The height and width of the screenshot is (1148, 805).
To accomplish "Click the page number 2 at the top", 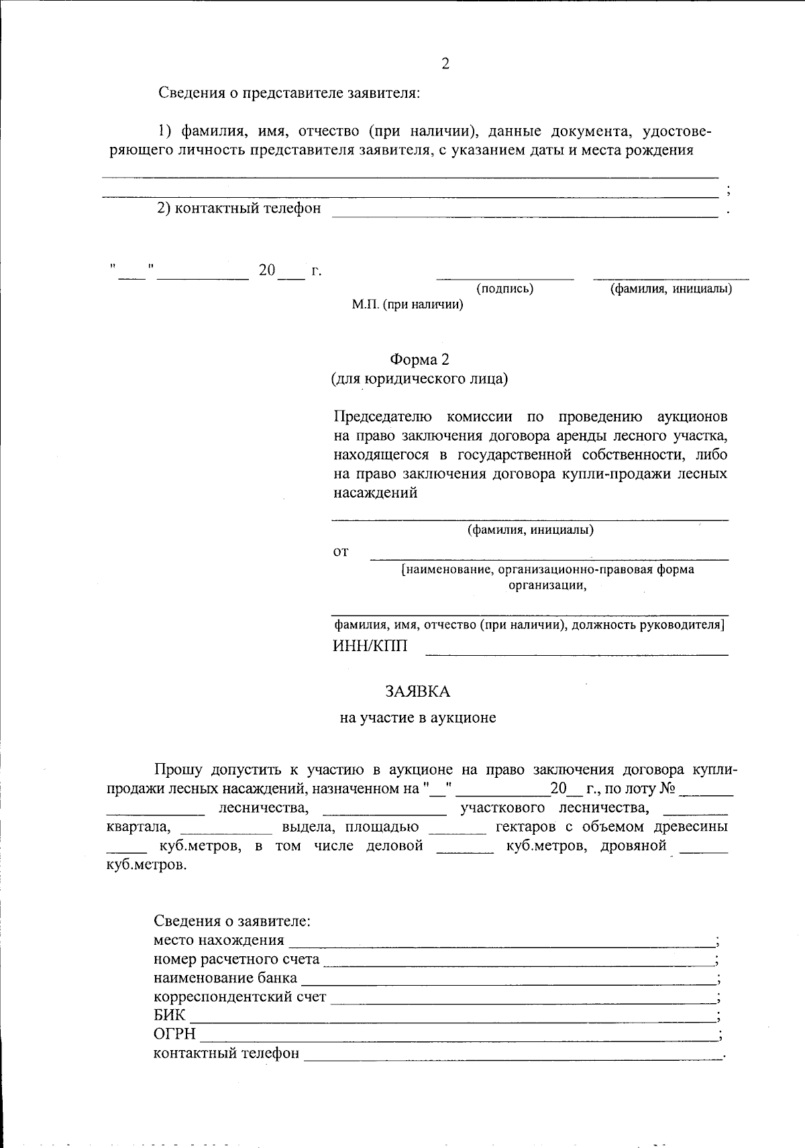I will (x=445, y=64).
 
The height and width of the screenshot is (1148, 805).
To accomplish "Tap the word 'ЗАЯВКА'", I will (x=418, y=691).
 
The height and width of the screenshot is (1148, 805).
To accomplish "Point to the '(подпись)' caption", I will (x=504, y=289).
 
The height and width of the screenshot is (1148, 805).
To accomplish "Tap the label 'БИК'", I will (x=169, y=1015).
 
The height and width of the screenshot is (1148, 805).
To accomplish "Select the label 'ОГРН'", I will (x=174, y=1034).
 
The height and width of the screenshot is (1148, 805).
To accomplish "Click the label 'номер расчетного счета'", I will (x=236, y=959).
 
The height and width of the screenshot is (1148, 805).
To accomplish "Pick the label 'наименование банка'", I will (x=225, y=978).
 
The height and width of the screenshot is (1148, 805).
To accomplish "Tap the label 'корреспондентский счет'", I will (x=239, y=996).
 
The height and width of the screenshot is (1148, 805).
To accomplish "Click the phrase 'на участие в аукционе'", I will (x=418, y=718).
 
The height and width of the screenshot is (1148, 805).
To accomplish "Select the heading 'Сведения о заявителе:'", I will (x=231, y=921).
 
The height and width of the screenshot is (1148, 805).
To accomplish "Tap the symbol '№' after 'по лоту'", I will (x=667, y=789).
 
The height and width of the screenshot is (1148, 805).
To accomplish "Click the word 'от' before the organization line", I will (x=341, y=553).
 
